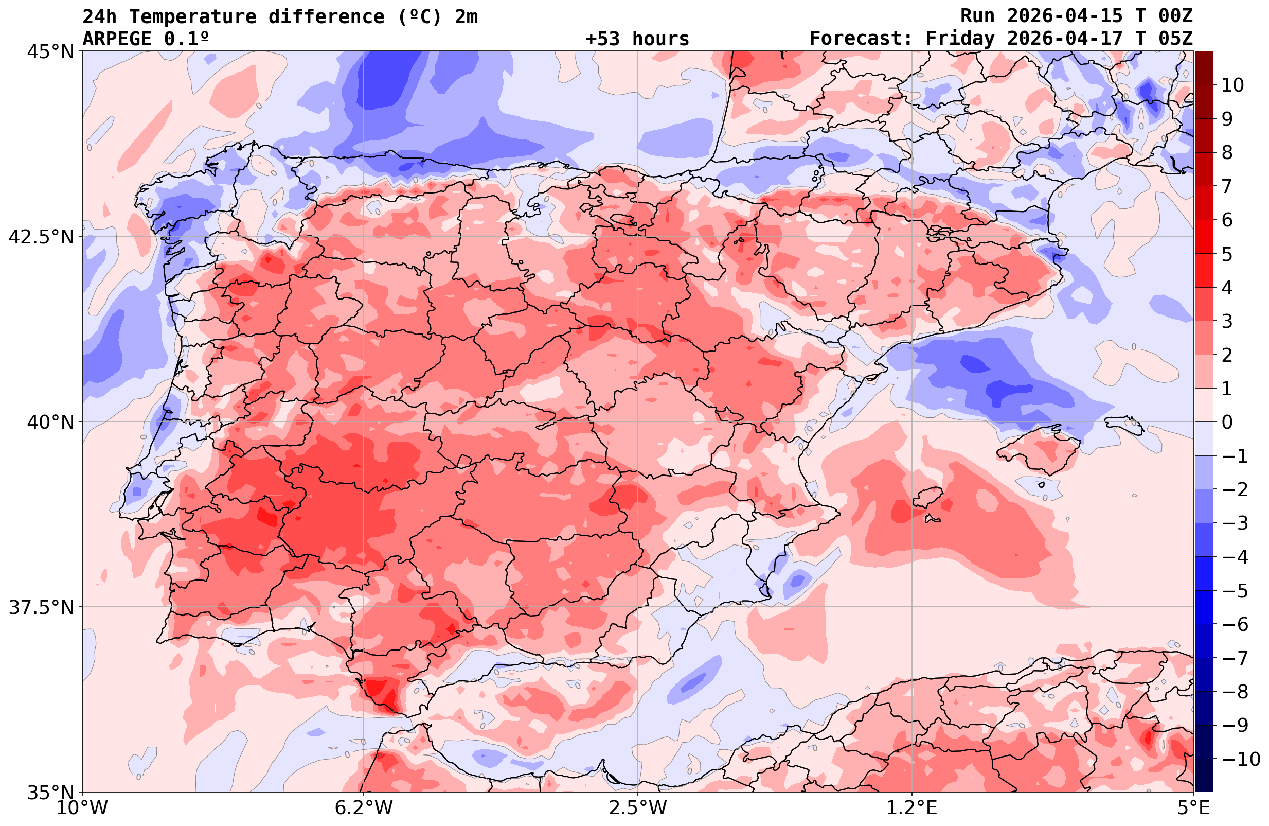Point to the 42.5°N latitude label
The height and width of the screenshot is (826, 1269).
click(41, 236)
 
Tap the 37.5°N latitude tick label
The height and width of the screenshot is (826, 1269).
click(41, 607)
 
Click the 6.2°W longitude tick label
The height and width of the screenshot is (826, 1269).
click(364, 807)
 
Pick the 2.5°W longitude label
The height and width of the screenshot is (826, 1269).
click(638, 807)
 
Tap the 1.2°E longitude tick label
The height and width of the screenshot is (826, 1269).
click(912, 807)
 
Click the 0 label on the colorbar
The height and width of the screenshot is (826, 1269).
click(1227, 422)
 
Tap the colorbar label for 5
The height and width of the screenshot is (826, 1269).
click(1227, 254)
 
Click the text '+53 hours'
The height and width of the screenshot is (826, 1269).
click(637, 39)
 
